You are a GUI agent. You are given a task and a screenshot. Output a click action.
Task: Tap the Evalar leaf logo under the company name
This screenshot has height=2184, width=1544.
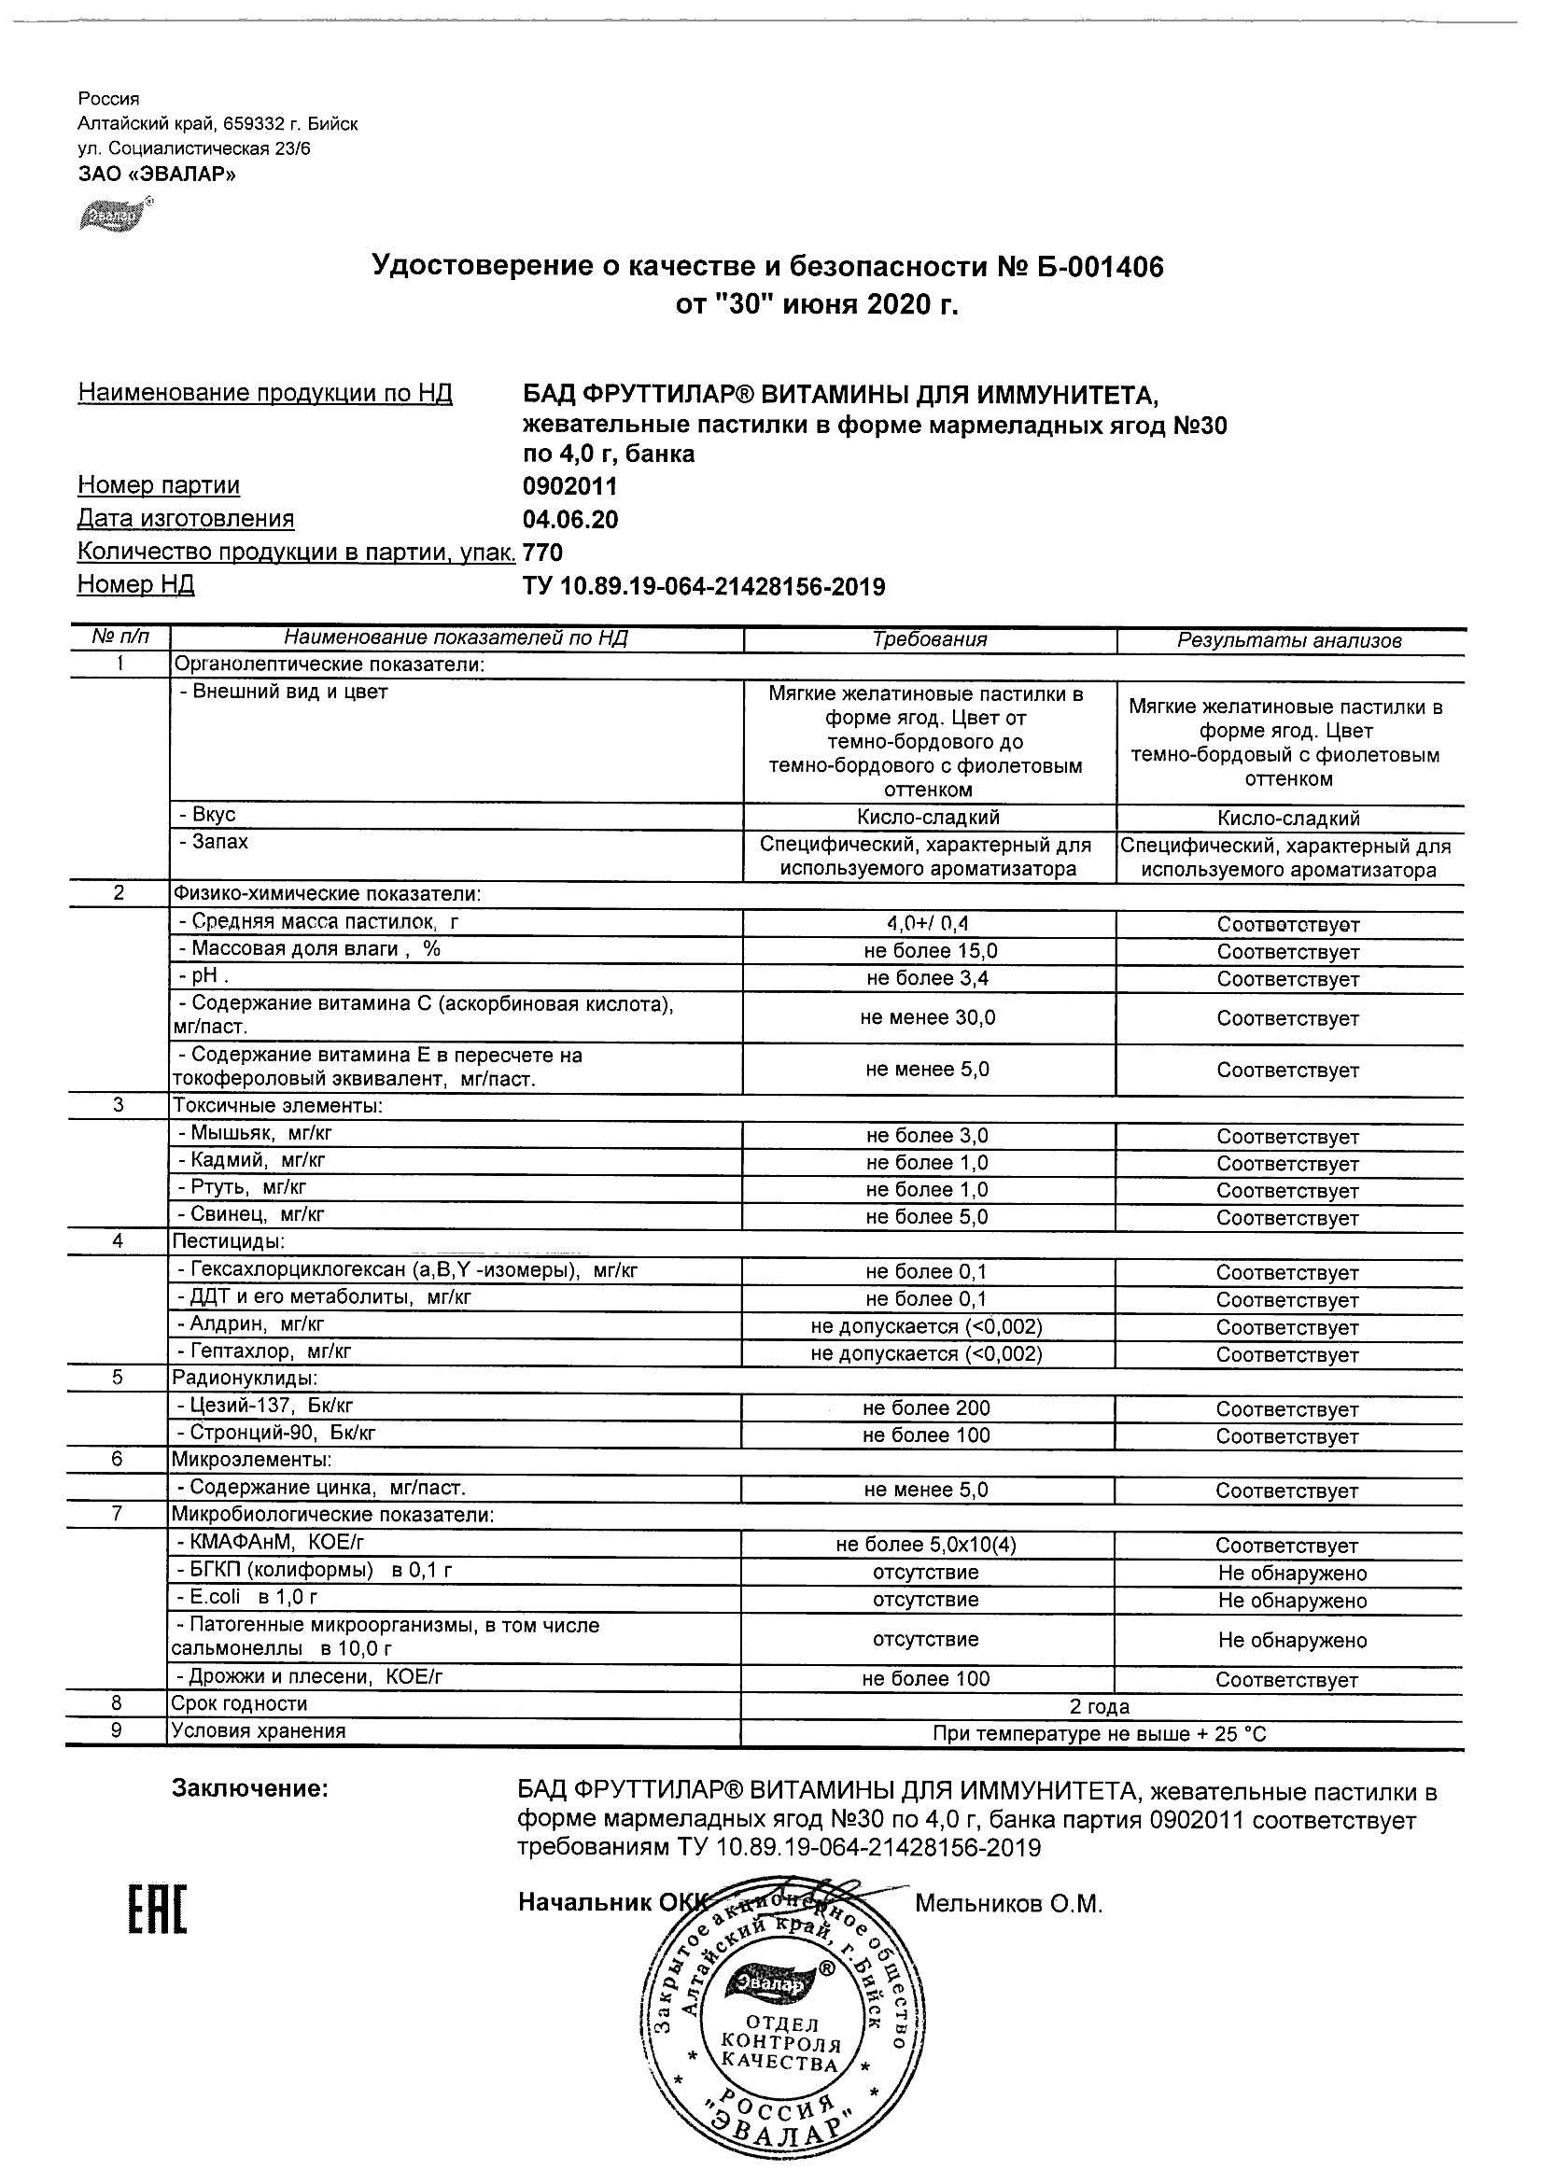pos(112,217)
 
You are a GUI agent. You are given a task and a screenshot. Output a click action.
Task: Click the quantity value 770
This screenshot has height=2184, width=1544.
pos(543,553)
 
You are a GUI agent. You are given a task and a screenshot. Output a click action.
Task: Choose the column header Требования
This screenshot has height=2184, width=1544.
pos(930,640)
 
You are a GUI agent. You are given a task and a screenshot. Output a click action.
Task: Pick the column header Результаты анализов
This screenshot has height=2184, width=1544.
pos(1289,641)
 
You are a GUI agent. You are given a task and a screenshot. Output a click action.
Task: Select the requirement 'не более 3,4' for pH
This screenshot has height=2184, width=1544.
pos(928,979)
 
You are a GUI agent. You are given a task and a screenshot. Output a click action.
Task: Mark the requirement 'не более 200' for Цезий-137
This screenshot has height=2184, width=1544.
pos(927,1408)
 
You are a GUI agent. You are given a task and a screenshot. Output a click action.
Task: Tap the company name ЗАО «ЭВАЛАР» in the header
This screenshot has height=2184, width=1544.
pos(157,175)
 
